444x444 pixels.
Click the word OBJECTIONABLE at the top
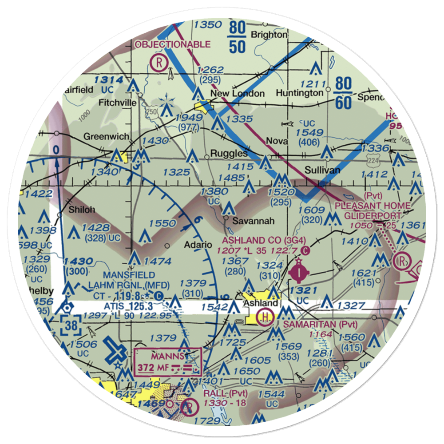click(x=173, y=44)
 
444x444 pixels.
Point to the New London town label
click(x=237, y=94)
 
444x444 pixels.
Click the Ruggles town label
click(x=229, y=154)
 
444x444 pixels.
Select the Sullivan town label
click(x=322, y=170)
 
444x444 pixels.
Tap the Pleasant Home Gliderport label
click(x=373, y=211)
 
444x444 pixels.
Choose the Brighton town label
click(x=269, y=35)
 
